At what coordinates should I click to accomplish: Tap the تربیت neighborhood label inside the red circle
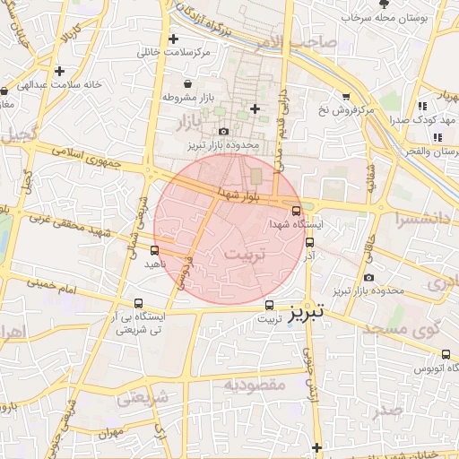coord(245,255)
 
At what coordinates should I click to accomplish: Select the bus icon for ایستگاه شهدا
coord(297,211)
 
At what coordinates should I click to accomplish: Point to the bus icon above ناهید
coord(156,250)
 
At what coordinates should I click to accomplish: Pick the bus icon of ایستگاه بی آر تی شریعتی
coord(137,303)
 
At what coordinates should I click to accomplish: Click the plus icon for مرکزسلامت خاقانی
coord(173,39)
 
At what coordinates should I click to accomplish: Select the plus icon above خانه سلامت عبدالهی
coord(59,71)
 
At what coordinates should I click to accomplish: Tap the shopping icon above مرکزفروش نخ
coord(346,96)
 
